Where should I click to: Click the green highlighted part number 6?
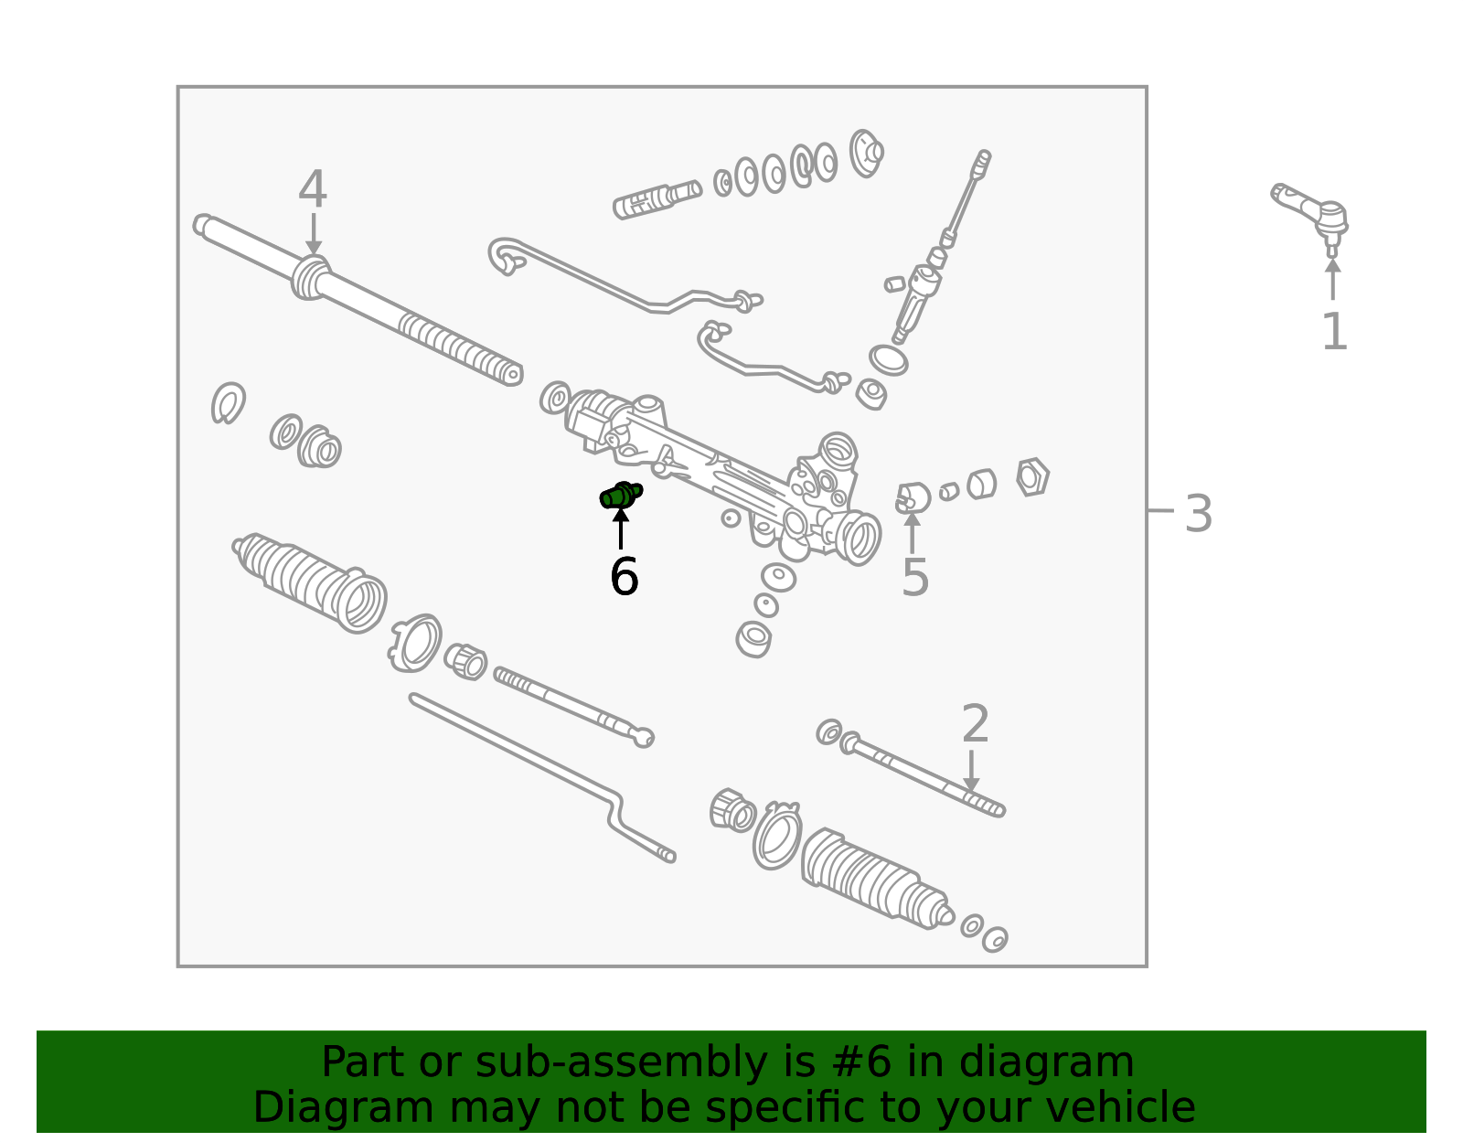621,496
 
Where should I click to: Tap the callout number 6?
625,577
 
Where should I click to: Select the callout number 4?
313,189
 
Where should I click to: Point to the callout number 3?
1198,514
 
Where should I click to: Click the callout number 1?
1334,331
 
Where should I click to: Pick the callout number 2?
976,724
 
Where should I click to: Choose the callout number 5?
915,577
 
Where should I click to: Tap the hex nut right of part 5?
1032,476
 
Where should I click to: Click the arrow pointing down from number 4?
313,235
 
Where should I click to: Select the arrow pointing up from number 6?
621,528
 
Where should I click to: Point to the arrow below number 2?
971,771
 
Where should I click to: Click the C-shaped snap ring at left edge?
228,402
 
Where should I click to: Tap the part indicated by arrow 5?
913,498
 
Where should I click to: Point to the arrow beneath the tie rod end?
1332,279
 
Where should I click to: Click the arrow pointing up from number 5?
913,532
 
